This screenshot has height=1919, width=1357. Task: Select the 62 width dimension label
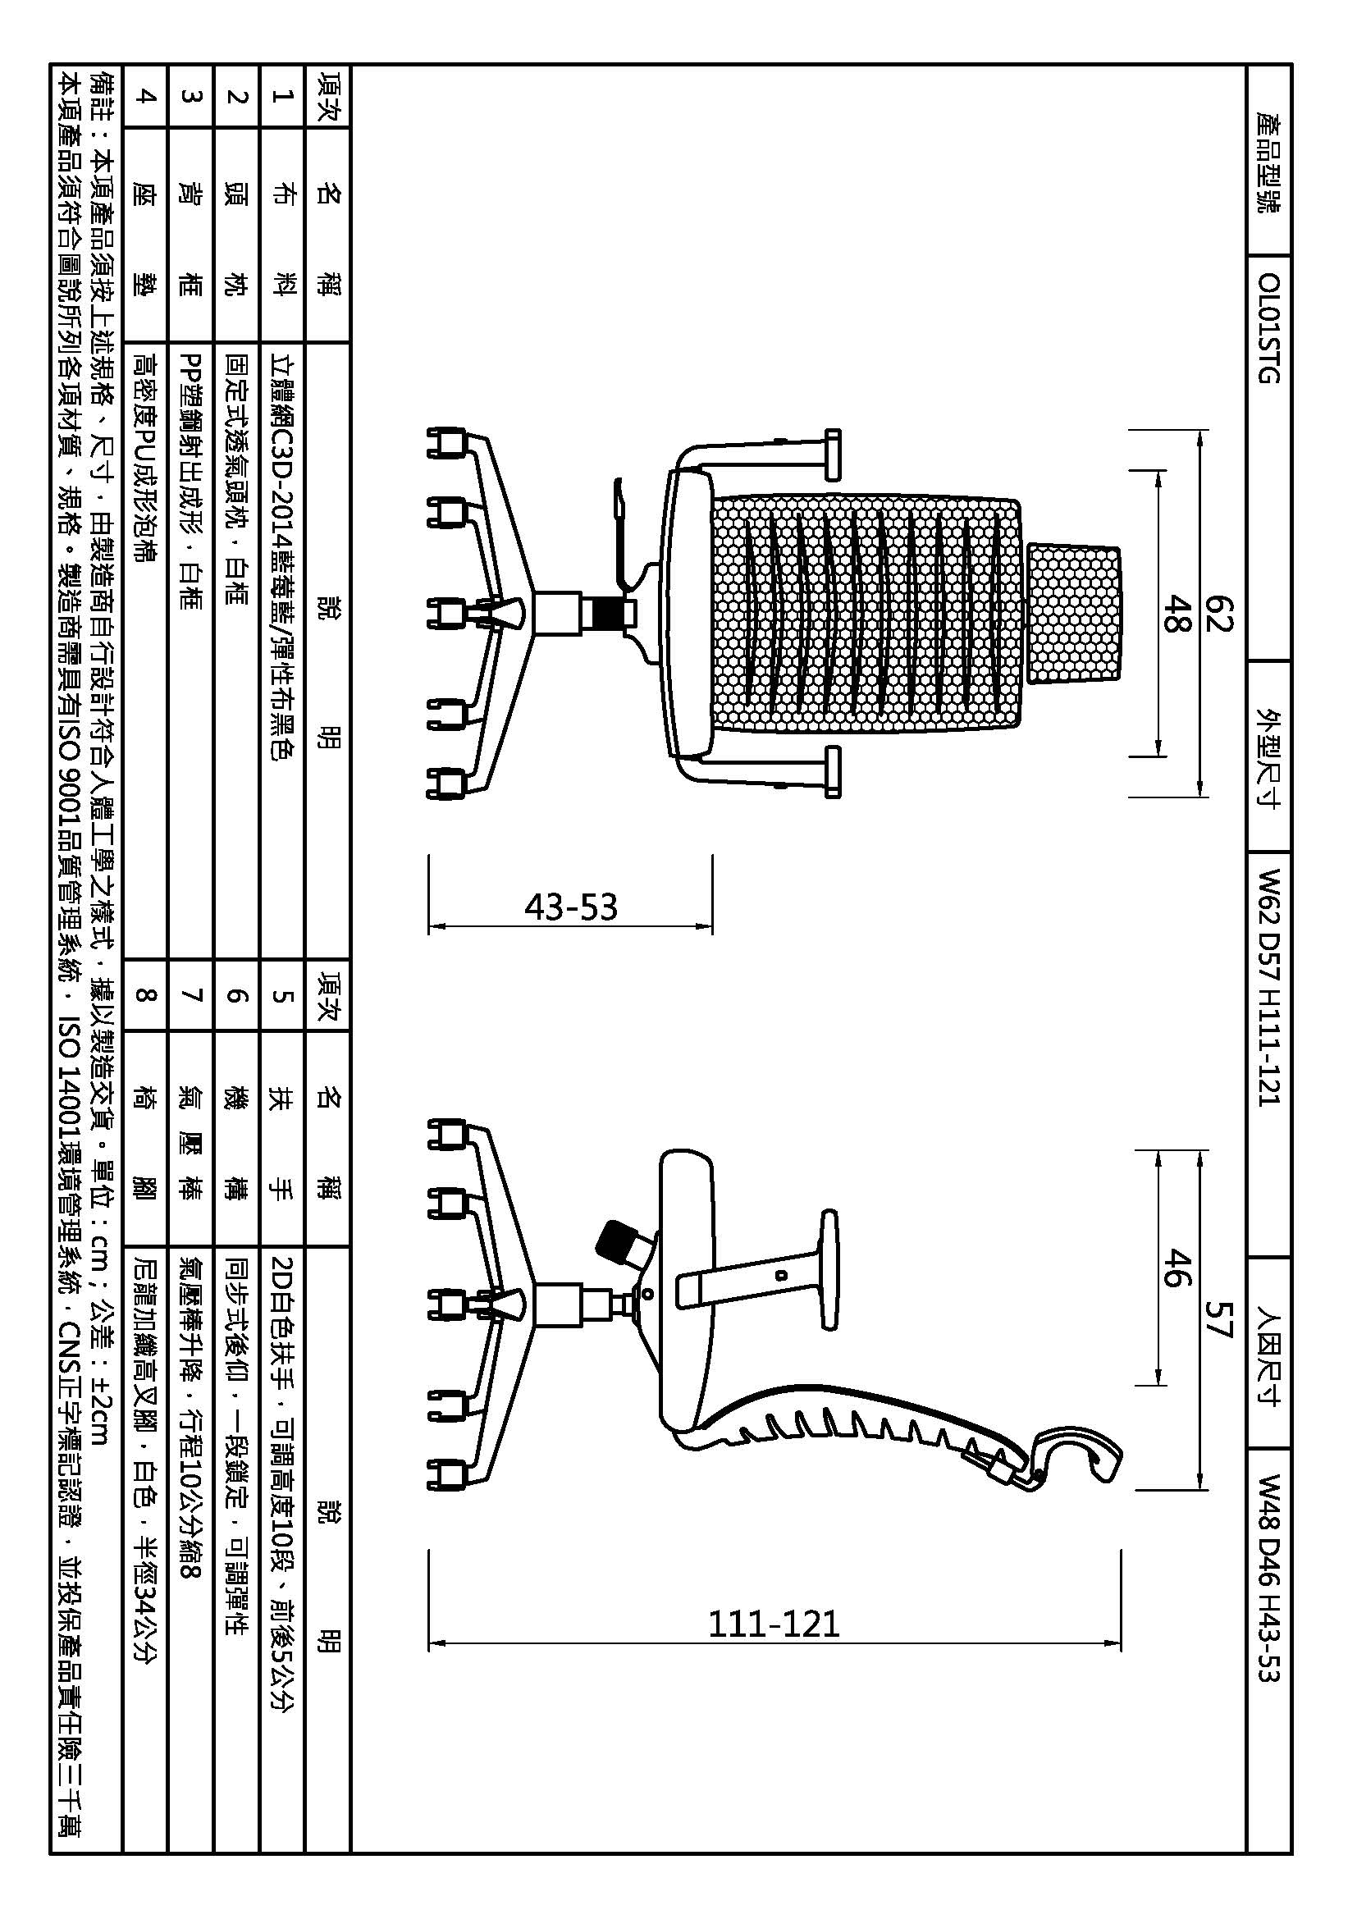tap(1219, 614)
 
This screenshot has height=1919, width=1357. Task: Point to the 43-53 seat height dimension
tap(571, 907)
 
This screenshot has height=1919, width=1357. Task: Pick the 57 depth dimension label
tap(1219, 1318)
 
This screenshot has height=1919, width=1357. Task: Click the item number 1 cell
tap(281, 96)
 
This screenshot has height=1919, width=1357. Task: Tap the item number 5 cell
tap(281, 994)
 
